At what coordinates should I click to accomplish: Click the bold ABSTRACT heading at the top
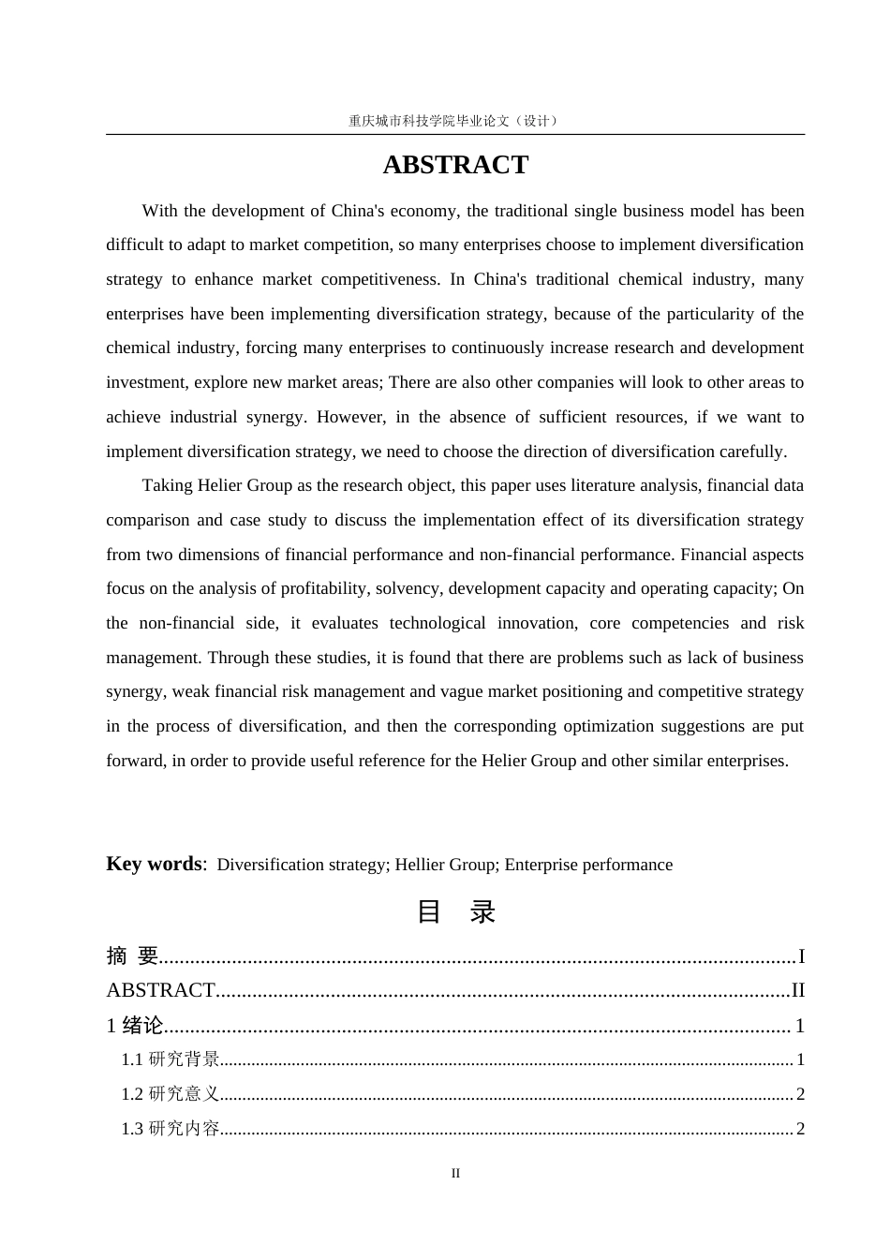coord(455,165)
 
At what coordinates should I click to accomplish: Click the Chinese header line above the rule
coord(454,121)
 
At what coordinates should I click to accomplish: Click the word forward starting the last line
coord(134,761)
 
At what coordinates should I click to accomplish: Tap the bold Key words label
coord(154,864)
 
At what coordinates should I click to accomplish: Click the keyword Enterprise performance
coord(588,865)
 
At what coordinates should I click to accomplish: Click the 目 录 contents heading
coord(455,911)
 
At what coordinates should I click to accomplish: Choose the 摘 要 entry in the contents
coord(132,955)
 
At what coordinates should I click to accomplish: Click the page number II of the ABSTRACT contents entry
coord(798,990)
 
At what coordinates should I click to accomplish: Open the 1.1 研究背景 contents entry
coord(171,1059)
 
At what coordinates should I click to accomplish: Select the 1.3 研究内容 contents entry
coord(171,1129)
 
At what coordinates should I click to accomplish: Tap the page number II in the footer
coord(455,1173)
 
